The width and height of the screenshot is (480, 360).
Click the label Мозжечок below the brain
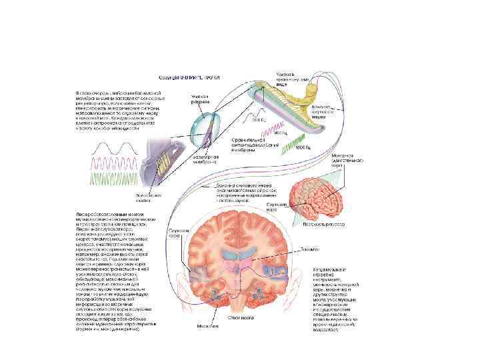pos(207,326)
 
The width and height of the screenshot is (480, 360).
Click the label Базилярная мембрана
pos(206,157)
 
